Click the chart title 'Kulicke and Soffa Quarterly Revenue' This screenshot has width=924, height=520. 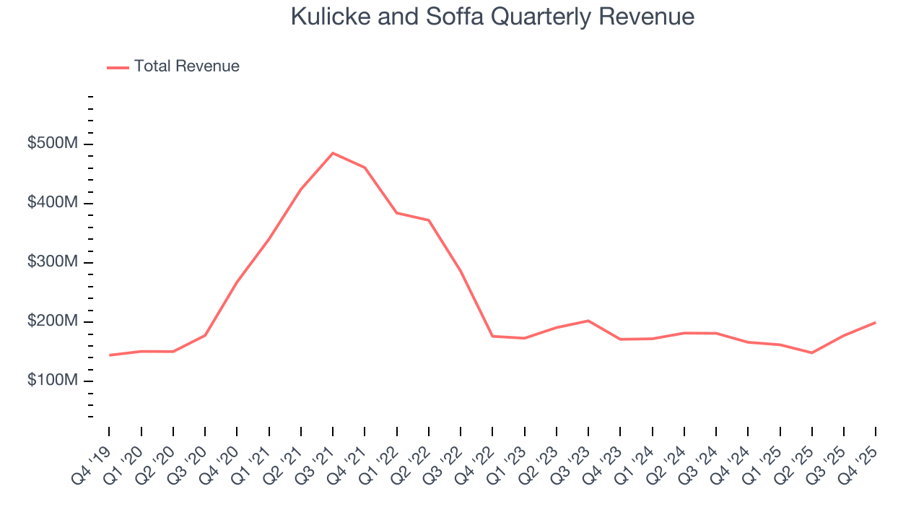pos(492,17)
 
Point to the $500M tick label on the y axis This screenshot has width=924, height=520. pos(52,144)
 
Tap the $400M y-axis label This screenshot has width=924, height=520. pos(52,203)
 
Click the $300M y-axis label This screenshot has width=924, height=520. pos(52,262)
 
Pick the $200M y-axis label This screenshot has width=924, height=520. pos(52,321)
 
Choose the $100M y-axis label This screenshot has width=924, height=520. pos(52,381)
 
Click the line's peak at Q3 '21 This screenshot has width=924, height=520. pos(333,153)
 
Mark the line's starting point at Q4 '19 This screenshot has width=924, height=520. pos(110,355)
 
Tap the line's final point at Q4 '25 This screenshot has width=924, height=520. pos(875,322)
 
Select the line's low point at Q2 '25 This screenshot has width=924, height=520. pos(811,352)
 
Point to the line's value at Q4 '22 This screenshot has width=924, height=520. pos(492,336)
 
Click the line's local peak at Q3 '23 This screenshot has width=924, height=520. pos(588,321)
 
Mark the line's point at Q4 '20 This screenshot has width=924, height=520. pos(237,282)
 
